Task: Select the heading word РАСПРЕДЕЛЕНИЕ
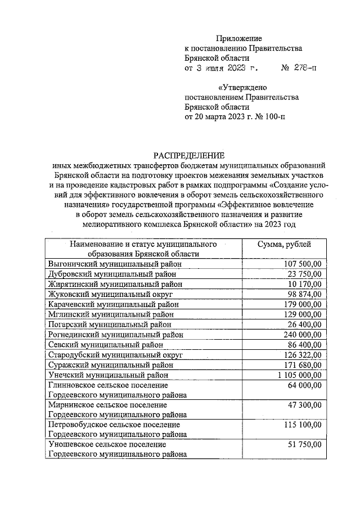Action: pos(189,155)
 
